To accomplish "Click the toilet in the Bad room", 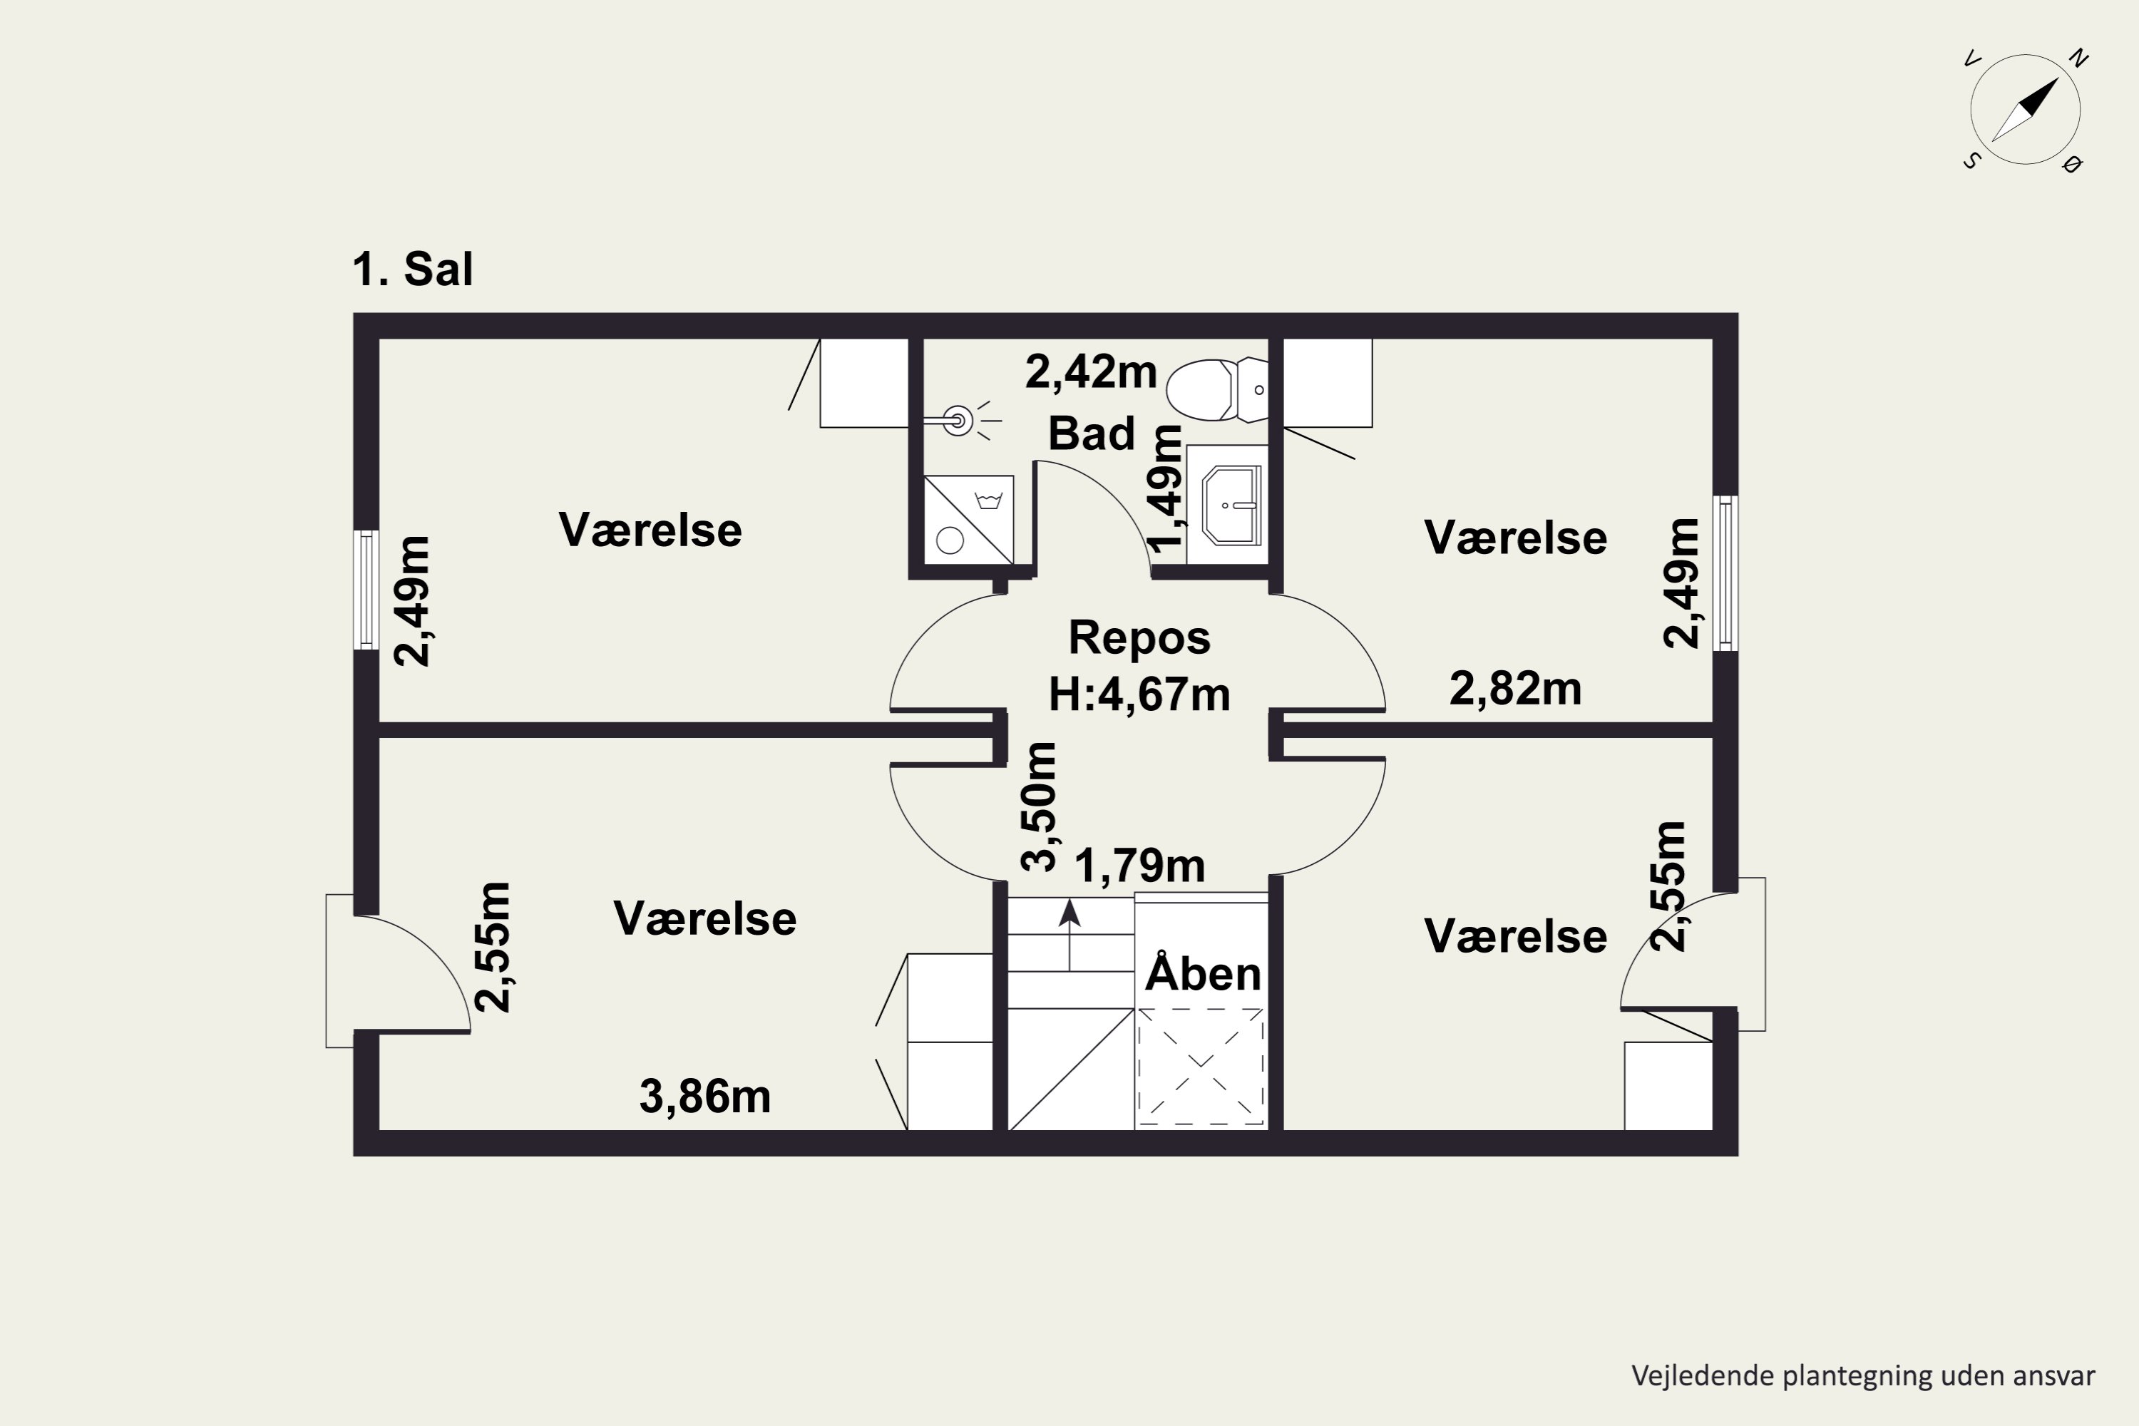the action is pyautogui.click(x=1217, y=390).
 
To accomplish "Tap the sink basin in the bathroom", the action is pyautogui.click(x=1231, y=505).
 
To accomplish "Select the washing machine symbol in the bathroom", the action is pyautogui.click(x=968, y=519).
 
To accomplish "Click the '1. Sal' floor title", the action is pyautogui.click(x=413, y=270).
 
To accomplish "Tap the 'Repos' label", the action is pyautogui.click(x=1139, y=637).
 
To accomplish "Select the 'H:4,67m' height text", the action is pyautogui.click(x=1139, y=694).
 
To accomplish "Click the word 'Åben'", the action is pyautogui.click(x=1202, y=973).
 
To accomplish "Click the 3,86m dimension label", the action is pyautogui.click(x=705, y=1097).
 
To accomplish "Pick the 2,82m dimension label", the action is pyautogui.click(x=1515, y=689).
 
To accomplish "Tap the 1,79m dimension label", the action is pyautogui.click(x=1139, y=866).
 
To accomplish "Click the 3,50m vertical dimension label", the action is pyautogui.click(x=1039, y=806).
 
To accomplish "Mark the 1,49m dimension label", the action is pyautogui.click(x=1165, y=488).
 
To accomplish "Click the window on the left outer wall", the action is pyautogui.click(x=366, y=590).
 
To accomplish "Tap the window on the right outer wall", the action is pyautogui.click(x=1725, y=573).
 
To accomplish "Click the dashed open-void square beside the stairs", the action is pyautogui.click(x=1201, y=1067).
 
